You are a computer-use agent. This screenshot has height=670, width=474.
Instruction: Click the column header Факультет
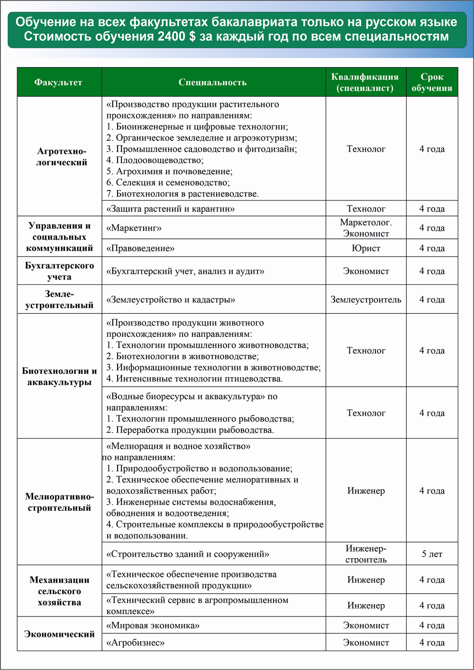(x=58, y=82)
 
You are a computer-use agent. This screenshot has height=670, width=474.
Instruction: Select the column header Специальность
(x=212, y=82)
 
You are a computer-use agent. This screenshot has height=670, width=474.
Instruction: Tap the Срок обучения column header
(x=432, y=82)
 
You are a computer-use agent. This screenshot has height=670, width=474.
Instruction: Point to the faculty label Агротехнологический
(x=62, y=157)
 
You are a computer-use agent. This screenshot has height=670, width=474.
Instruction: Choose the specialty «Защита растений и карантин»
(x=171, y=209)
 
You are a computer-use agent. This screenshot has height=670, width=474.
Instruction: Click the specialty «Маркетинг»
(x=134, y=228)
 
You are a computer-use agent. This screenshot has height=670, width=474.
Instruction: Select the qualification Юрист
(x=366, y=248)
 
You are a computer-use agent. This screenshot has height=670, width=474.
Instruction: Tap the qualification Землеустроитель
(x=366, y=299)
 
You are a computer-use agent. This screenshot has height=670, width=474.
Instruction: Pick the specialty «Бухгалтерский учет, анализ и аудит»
(x=185, y=272)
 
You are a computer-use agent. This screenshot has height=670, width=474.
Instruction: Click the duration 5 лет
(x=432, y=554)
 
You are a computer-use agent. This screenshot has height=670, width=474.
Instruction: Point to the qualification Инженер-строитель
(x=366, y=554)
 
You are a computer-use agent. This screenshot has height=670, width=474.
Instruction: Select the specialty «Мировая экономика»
(x=153, y=625)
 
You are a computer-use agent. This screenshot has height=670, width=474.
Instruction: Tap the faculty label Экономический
(x=59, y=634)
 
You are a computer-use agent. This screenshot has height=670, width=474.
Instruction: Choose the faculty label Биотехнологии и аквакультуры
(x=59, y=377)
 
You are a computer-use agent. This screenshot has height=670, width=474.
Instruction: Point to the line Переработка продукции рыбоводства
(x=190, y=430)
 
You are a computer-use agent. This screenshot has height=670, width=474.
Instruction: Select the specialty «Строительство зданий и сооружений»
(x=188, y=554)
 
